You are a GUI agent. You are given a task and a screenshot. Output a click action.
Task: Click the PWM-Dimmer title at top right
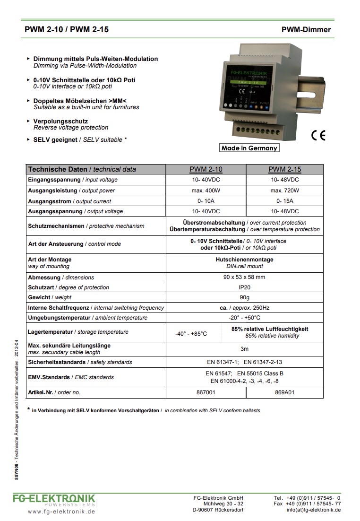pyautogui.click(x=306, y=30)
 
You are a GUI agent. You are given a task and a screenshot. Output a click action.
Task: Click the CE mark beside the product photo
pyautogui.click(x=318, y=136)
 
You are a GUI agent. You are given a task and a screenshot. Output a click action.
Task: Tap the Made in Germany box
pyautogui.click(x=249, y=148)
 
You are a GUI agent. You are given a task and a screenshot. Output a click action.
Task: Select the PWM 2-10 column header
pyautogui.click(x=206, y=169)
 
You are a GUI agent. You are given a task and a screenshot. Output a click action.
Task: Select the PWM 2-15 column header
pyautogui.click(x=284, y=169)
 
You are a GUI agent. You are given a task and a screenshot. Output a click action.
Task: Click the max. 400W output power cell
pyautogui.click(x=206, y=191)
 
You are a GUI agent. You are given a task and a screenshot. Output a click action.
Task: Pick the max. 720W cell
pyautogui.click(x=284, y=191)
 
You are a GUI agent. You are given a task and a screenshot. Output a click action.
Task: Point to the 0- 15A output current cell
pyautogui.click(x=284, y=201)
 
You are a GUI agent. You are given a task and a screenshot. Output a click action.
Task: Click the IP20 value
pyautogui.click(x=244, y=287)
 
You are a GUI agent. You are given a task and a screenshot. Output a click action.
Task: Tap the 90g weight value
pyautogui.click(x=244, y=297)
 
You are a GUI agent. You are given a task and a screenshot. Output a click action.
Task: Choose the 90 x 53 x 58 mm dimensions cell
pyautogui.click(x=244, y=278)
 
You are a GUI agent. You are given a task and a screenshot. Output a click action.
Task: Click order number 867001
pyautogui.click(x=206, y=392)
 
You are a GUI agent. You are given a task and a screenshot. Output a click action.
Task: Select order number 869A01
pyautogui.click(x=284, y=392)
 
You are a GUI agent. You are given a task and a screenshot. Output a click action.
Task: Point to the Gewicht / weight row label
pyautogui.click(x=50, y=297)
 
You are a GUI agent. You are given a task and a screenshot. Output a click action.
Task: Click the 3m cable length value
pyautogui.click(x=244, y=349)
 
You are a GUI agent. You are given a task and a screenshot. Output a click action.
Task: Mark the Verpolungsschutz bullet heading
pyautogui.click(x=60, y=122)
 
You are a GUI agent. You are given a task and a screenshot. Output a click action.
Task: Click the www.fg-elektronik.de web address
pyautogui.click(x=61, y=512)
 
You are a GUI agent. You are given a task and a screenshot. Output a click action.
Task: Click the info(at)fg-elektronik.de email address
pyautogui.click(x=313, y=510)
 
